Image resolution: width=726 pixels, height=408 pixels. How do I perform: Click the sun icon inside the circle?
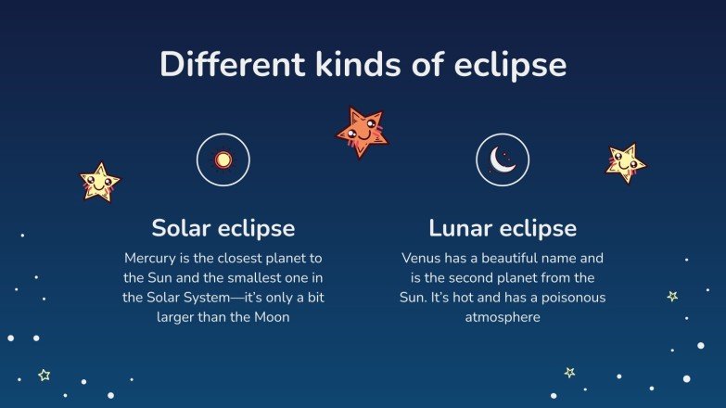(x=223, y=159)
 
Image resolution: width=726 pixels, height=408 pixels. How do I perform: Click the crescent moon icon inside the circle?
(x=502, y=159)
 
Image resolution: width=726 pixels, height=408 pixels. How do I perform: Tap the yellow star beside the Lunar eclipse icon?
(x=626, y=163)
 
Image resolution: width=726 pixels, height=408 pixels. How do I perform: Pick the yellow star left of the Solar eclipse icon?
(x=98, y=182)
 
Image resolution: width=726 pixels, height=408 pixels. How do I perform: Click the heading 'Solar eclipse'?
(x=223, y=228)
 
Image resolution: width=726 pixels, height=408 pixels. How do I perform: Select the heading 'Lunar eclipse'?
(x=503, y=228)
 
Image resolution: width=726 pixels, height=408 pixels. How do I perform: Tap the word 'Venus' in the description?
(x=420, y=257)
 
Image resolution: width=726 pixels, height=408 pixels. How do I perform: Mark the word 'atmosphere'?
(x=503, y=317)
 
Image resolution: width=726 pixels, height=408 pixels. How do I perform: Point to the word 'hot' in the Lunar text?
(x=474, y=297)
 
